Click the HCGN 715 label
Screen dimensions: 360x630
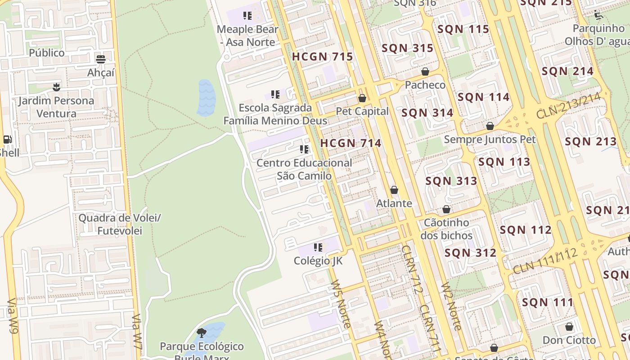322,57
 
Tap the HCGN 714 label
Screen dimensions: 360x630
351,143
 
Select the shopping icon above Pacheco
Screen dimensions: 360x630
425,72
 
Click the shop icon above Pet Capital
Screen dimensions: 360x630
362,98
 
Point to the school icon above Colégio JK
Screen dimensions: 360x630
318,247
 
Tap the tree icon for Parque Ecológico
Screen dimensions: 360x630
202,333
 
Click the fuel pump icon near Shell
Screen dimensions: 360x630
7,139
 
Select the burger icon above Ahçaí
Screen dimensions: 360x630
101,59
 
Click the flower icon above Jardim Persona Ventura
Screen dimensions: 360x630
56,87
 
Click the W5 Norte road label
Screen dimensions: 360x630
341,304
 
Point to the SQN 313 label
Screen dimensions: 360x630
451,181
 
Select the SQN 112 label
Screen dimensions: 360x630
526,230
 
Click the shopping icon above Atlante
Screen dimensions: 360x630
394,190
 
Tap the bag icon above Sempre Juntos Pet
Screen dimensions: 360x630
490,126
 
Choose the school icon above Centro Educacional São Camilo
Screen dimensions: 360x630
304,149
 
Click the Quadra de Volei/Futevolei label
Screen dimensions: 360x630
119,225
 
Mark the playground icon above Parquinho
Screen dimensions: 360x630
598,15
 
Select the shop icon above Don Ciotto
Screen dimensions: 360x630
569,327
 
